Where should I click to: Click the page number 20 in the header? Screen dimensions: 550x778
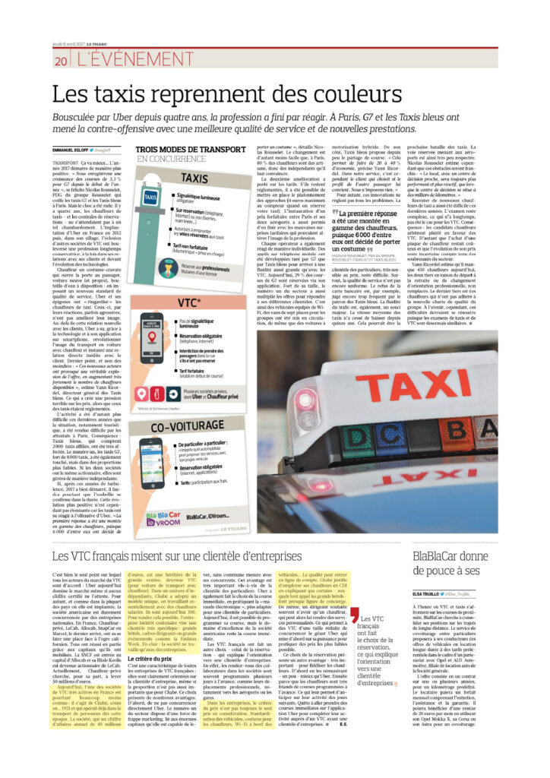pyautogui.click(x=61, y=60)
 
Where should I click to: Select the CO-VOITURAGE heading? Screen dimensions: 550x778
pyautogui.click(x=194, y=429)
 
